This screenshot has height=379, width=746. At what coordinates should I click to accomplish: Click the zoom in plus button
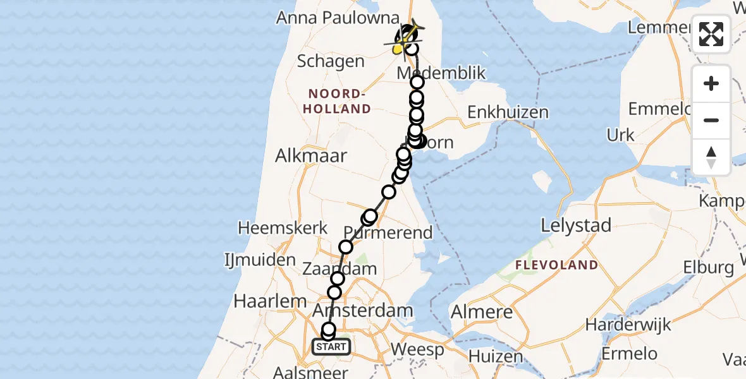(x=711, y=83)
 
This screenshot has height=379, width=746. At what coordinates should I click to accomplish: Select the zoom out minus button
(x=711, y=120)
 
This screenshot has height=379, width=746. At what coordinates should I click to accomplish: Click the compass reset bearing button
(x=711, y=157)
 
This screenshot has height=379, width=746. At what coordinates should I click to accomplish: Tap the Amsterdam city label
(x=363, y=311)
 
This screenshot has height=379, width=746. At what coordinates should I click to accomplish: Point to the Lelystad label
(x=576, y=226)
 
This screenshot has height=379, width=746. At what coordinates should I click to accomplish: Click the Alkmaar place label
(x=311, y=156)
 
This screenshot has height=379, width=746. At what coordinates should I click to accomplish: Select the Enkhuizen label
(x=508, y=112)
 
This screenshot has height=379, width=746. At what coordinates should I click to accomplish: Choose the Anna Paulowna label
(x=338, y=18)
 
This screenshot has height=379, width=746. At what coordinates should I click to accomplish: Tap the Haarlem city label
(x=270, y=301)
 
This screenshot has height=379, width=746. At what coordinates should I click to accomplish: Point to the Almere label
(x=481, y=312)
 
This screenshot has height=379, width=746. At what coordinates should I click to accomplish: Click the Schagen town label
(x=331, y=62)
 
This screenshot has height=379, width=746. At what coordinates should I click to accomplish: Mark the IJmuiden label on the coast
(x=259, y=260)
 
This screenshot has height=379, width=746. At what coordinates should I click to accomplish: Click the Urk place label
(x=620, y=135)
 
